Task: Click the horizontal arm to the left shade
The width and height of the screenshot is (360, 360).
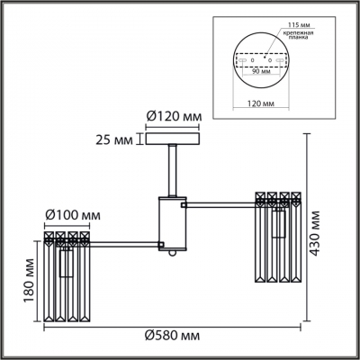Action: tap(126, 244)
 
